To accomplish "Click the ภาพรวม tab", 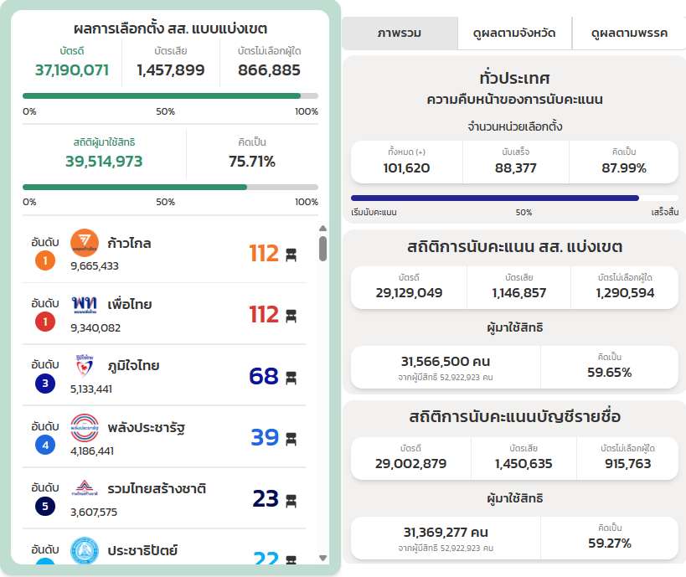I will click(x=400, y=33).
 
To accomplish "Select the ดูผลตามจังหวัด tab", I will click(x=514, y=33).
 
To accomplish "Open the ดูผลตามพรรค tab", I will click(x=628, y=33).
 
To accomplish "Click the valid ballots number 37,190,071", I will click(x=72, y=70).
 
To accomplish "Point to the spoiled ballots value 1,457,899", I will click(x=171, y=70).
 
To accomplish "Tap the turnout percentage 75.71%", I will click(x=252, y=162).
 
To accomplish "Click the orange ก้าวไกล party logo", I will click(x=85, y=244).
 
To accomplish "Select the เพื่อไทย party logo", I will click(x=85, y=305).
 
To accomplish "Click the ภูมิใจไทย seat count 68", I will click(x=264, y=376).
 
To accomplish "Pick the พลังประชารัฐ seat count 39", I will click(x=265, y=437).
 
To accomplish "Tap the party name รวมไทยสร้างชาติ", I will click(x=157, y=488).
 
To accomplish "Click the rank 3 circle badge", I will click(x=45, y=384).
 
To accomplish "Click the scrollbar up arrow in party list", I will click(x=323, y=228).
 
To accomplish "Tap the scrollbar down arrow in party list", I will click(x=323, y=558).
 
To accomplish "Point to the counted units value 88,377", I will click(x=515, y=168).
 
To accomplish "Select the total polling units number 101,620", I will click(x=406, y=168).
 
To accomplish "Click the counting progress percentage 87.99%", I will click(x=624, y=168).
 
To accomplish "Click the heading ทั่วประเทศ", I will click(x=514, y=78).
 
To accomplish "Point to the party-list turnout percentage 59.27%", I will click(x=609, y=543).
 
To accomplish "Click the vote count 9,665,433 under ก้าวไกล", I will click(x=95, y=266).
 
